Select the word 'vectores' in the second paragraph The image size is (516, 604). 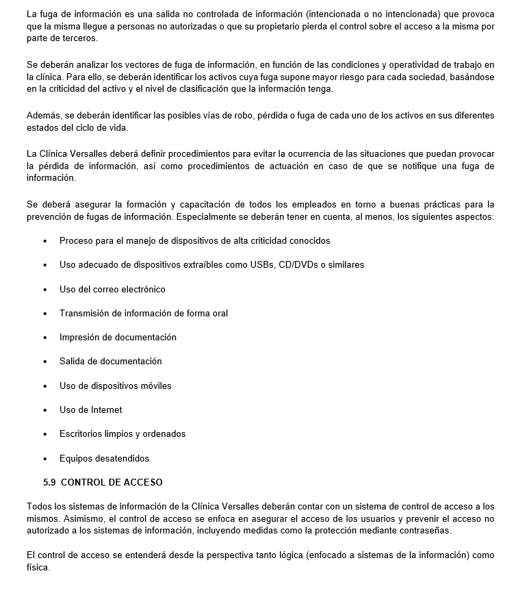coord(115,65)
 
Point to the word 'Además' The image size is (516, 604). coord(43,116)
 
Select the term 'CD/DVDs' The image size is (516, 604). coord(300,265)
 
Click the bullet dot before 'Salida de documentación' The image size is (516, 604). coord(45,362)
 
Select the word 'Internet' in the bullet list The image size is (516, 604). coord(107,410)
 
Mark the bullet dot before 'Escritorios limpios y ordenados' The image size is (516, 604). coord(45,434)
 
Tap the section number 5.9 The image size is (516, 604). coord(49,482)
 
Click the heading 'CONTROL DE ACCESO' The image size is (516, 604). coord(112,482)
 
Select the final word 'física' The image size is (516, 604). coord(38,568)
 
